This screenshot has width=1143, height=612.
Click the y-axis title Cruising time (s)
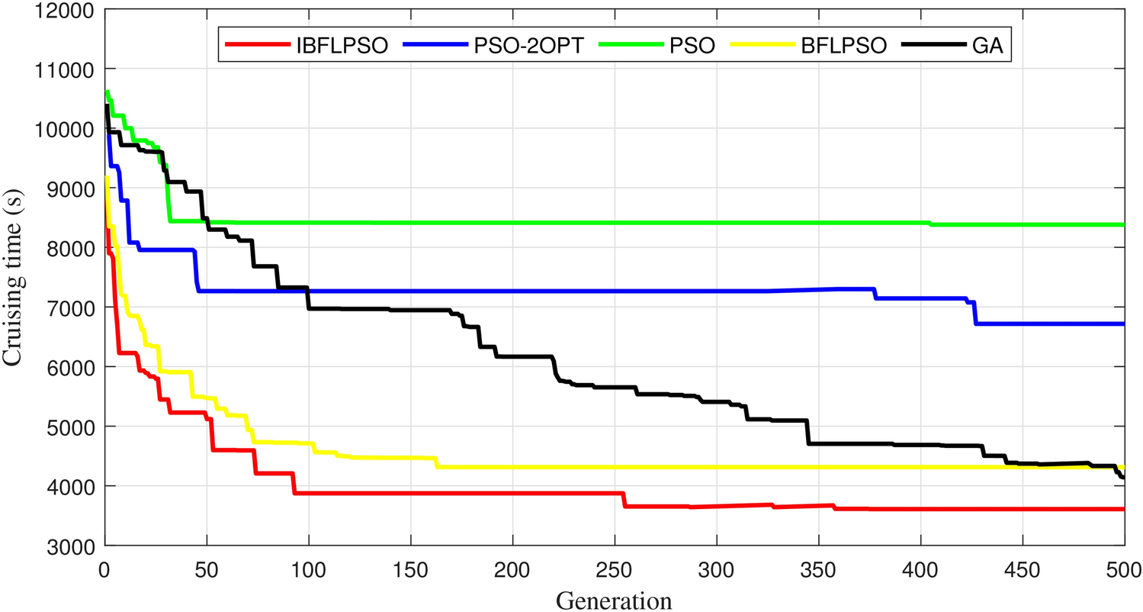[x=17, y=277]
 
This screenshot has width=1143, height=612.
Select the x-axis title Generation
[x=614, y=600]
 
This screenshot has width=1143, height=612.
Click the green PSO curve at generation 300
[x=716, y=223]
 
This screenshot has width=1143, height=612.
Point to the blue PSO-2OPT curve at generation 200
[x=512, y=291]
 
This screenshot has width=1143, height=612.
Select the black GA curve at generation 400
[x=920, y=445]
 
